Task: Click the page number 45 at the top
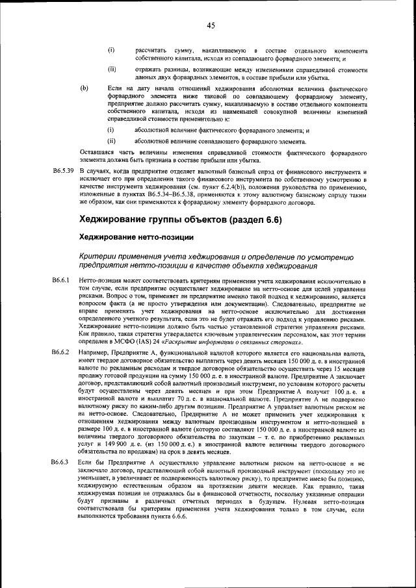pos(211,26)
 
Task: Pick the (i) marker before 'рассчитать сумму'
pos(110,50)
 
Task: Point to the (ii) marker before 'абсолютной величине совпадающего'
pos(111,140)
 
